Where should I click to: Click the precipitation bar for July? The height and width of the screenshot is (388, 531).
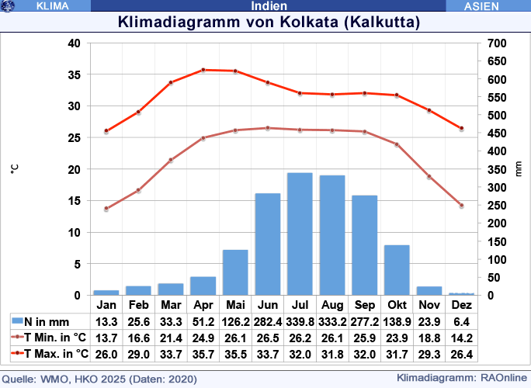(x=300, y=234)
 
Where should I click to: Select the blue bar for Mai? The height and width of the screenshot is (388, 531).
(x=235, y=272)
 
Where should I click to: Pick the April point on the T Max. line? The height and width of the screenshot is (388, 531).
(x=203, y=70)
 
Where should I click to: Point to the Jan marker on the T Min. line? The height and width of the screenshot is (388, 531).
(x=106, y=209)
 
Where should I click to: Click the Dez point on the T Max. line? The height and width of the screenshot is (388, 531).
(x=461, y=128)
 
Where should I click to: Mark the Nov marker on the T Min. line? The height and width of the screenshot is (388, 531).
(x=429, y=177)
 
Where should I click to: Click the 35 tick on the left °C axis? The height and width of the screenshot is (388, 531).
(x=75, y=74)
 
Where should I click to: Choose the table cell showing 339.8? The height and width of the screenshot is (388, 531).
(x=300, y=321)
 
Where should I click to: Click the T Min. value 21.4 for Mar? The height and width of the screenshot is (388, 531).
(x=171, y=338)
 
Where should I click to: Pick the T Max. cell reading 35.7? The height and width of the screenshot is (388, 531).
(x=203, y=354)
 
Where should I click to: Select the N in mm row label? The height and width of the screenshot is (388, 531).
(x=46, y=321)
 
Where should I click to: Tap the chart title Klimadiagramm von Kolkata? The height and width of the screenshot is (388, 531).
(x=269, y=22)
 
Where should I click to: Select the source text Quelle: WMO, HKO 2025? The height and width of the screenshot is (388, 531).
(x=100, y=379)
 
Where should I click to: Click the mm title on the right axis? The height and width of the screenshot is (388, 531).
(x=519, y=168)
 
